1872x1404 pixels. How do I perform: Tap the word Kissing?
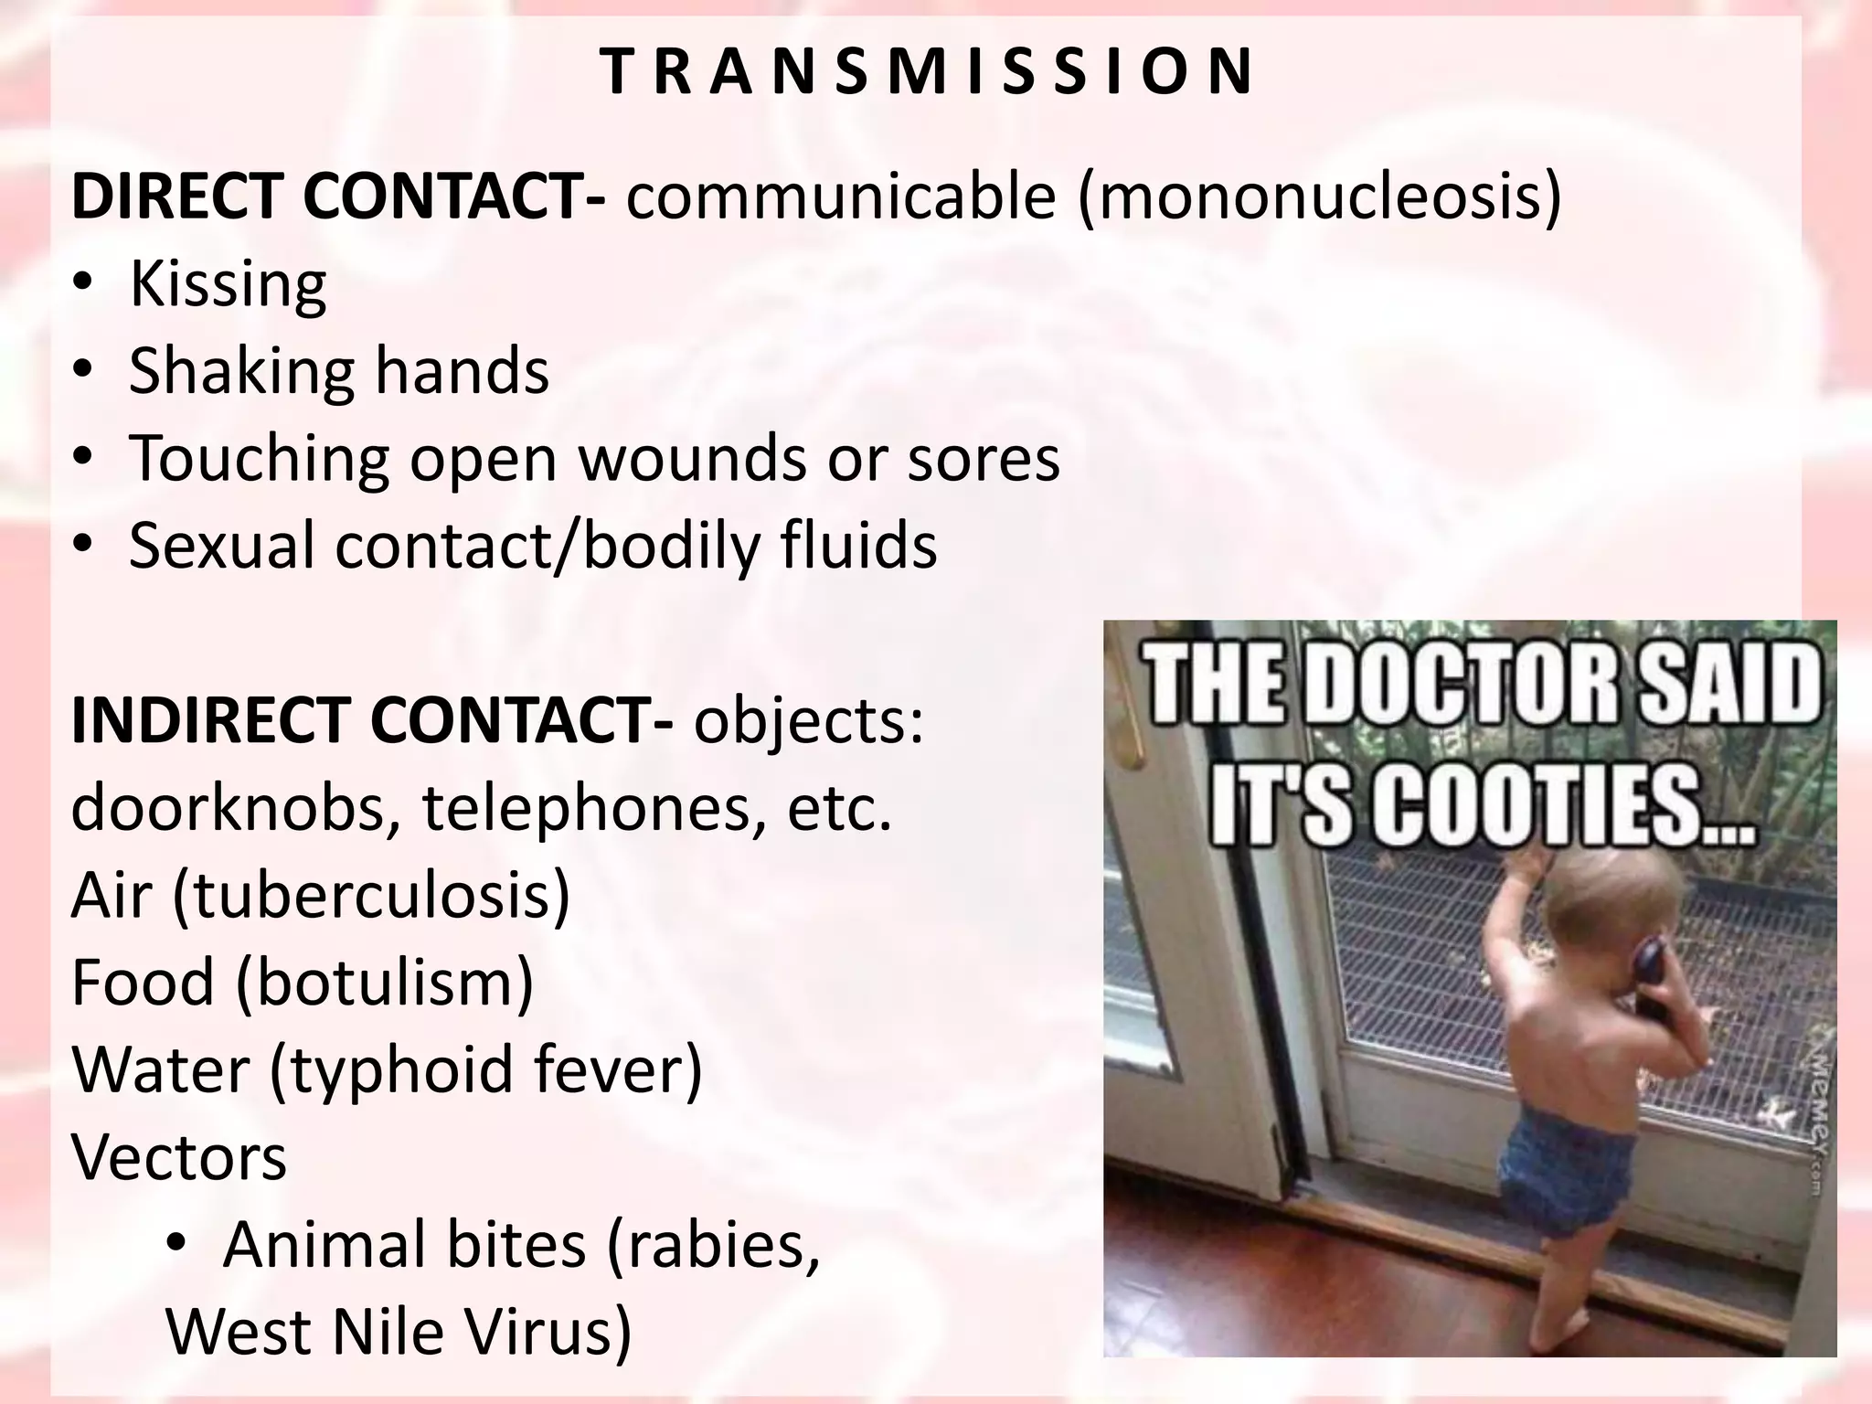(228, 285)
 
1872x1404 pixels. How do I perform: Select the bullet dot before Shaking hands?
(83, 371)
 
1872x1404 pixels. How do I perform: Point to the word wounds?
(692, 459)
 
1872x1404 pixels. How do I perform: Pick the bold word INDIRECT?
(211, 720)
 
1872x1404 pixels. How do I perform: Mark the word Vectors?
(179, 1156)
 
